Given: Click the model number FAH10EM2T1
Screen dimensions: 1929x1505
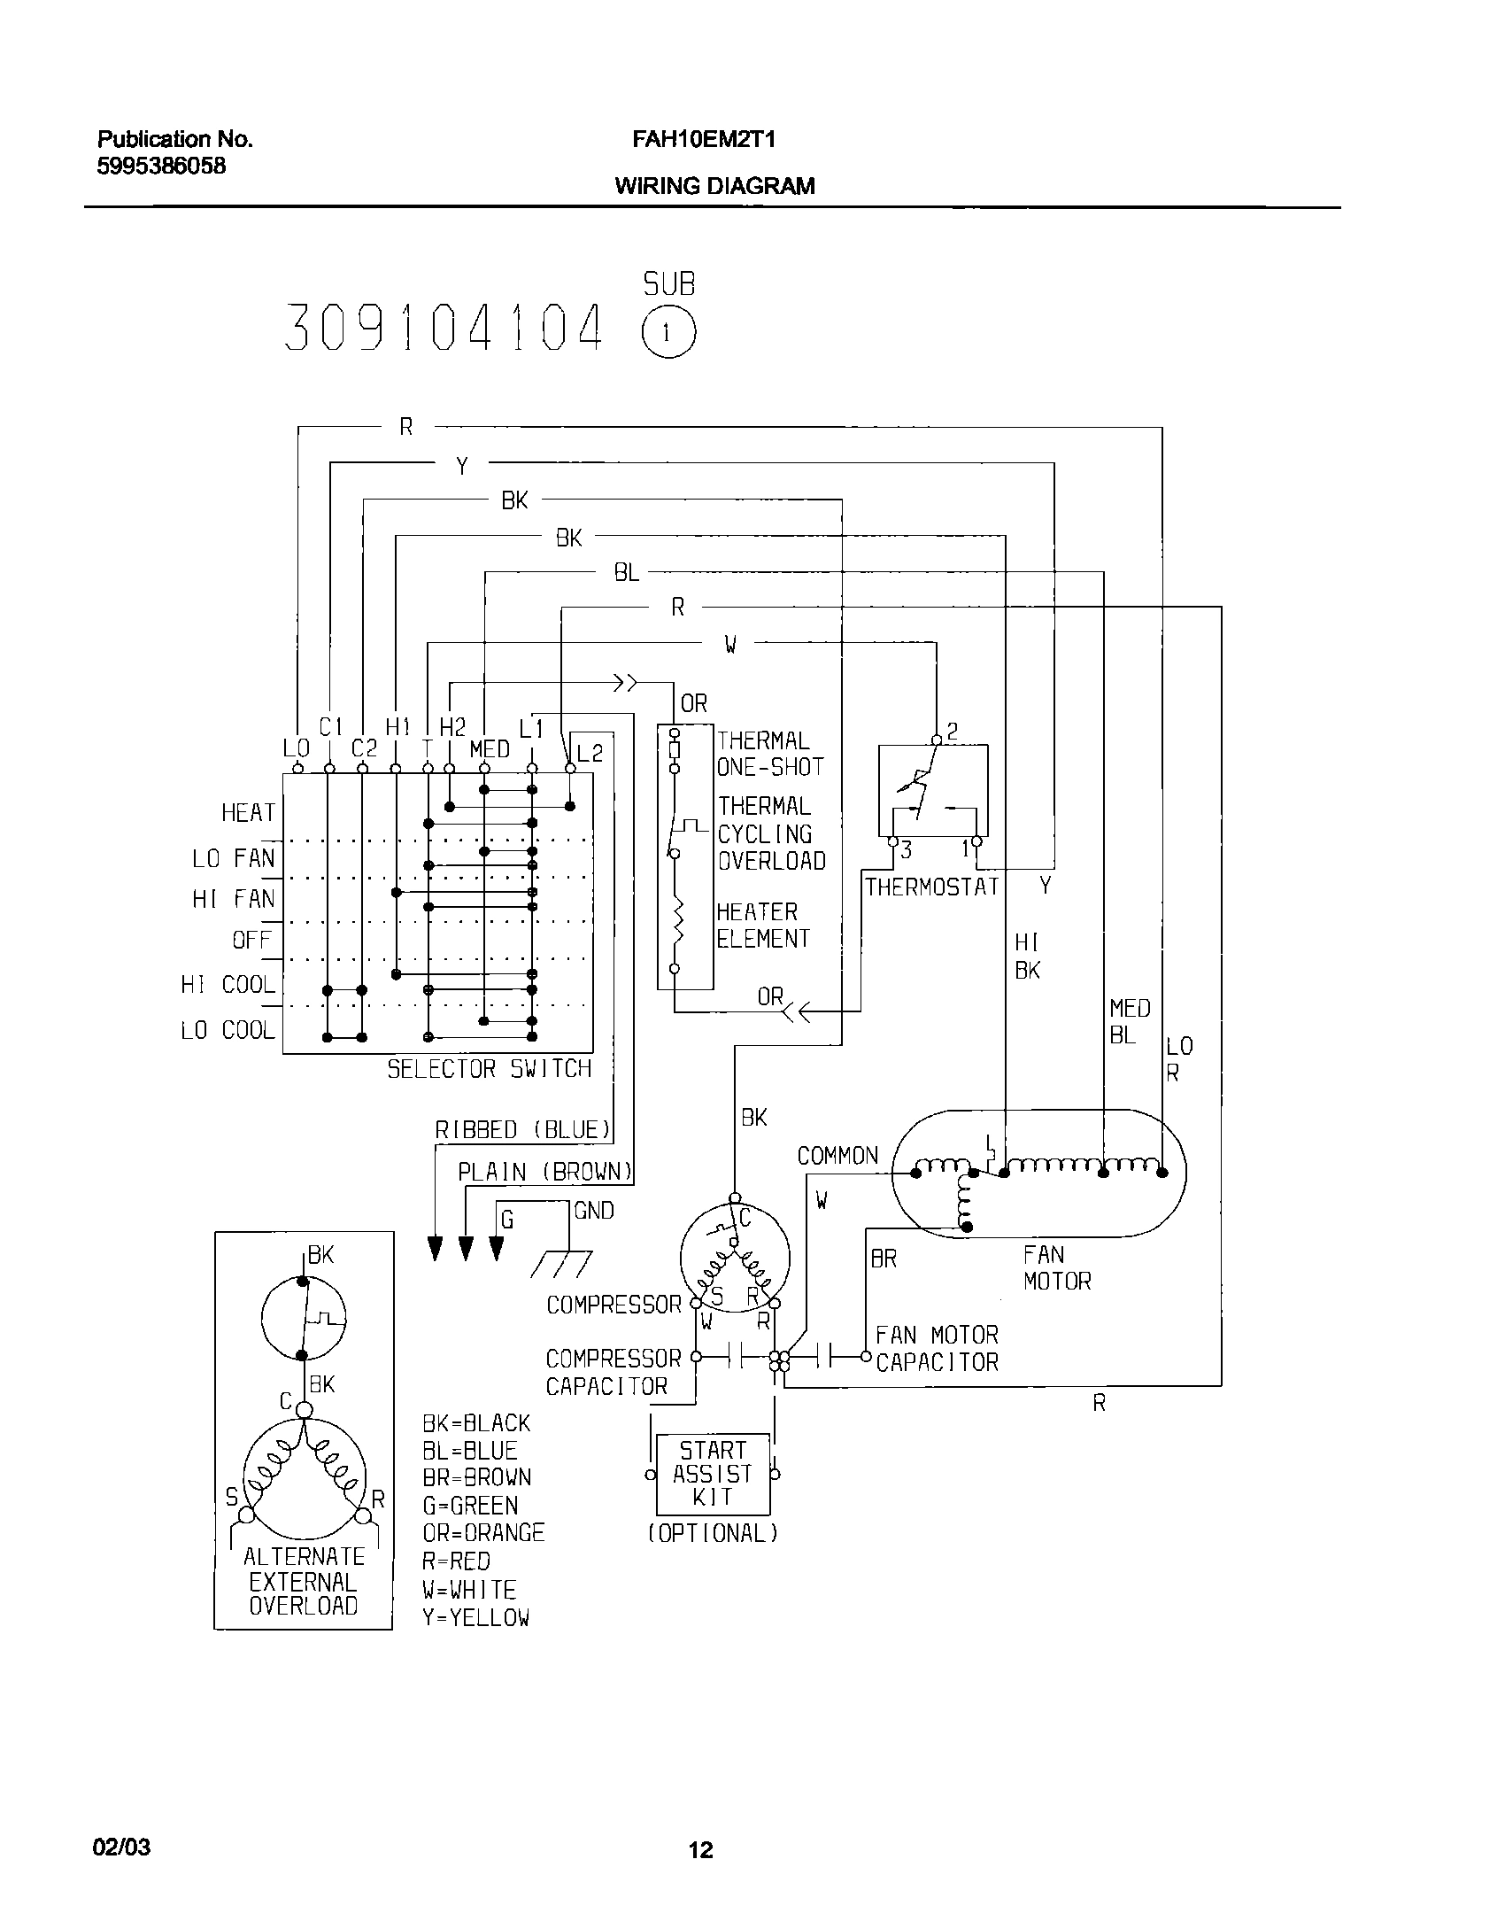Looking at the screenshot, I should tap(704, 140).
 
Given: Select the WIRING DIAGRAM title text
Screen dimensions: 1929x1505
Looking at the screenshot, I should tap(714, 186).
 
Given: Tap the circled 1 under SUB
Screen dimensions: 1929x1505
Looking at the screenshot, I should tap(668, 334).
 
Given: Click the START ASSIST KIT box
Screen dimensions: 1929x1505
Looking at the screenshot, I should tap(713, 1474).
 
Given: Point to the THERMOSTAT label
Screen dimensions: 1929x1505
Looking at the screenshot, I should tap(931, 887).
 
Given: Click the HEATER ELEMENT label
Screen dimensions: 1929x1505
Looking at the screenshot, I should tap(762, 926).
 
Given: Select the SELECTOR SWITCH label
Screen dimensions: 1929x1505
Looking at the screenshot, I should tap(489, 1069).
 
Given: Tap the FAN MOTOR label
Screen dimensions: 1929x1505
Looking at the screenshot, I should tap(1056, 1267).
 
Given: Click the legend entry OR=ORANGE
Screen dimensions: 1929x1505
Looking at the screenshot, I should tap(483, 1532).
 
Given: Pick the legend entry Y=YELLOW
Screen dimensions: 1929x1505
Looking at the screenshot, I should tap(475, 1617).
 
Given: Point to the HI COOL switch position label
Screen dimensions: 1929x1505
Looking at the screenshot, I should tap(228, 985).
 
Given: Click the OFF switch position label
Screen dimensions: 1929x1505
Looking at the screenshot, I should tap(252, 940).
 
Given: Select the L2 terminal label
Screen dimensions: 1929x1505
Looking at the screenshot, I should tap(590, 754).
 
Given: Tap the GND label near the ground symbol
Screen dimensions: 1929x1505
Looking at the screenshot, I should tap(593, 1211).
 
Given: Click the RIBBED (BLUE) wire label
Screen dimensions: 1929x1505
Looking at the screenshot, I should tap(523, 1130).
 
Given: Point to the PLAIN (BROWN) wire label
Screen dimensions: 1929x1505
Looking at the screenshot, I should tap(545, 1173).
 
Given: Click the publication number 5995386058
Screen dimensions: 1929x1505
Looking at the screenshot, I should tap(161, 167).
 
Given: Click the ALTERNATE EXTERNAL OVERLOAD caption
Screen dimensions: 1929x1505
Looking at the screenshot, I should tap(304, 1581).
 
